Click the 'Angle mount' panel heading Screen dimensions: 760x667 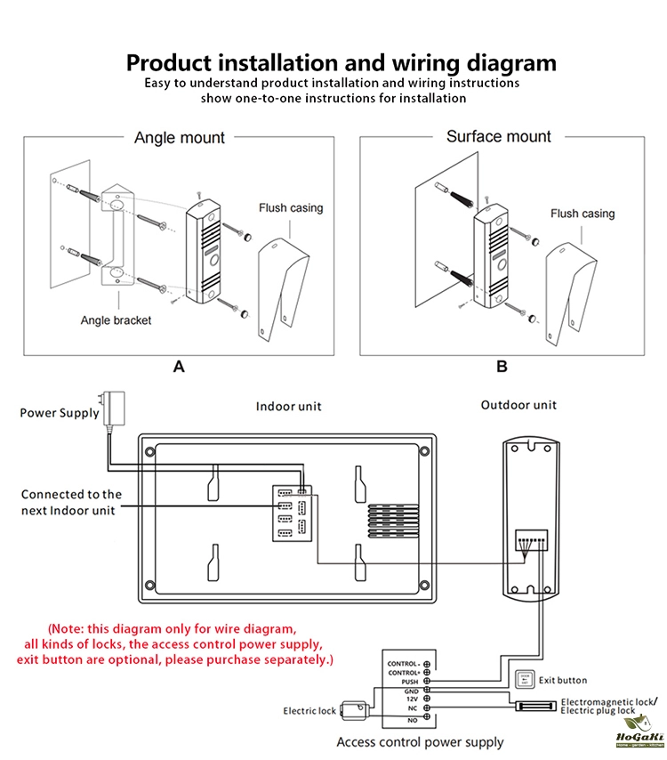click(x=180, y=138)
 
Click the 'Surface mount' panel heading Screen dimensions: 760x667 click(x=498, y=136)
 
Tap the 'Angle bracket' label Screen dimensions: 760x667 click(x=116, y=320)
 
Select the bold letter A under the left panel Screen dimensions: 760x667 click(x=179, y=366)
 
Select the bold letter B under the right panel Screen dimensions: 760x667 click(x=502, y=366)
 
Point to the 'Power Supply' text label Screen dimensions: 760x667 click(x=60, y=413)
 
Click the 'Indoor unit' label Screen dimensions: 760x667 click(x=289, y=406)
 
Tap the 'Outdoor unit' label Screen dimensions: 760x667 click(x=518, y=405)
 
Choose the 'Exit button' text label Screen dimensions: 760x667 click(x=563, y=680)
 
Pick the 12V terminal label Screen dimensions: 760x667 click(x=412, y=699)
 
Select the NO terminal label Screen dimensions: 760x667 click(x=412, y=717)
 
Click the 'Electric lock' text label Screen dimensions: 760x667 click(x=309, y=711)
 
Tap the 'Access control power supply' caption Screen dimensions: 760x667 click(x=420, y=741)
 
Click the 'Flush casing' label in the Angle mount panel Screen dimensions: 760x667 click(x=291, y=208)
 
